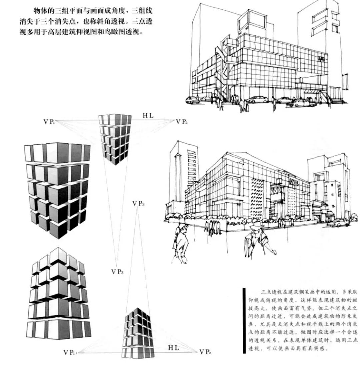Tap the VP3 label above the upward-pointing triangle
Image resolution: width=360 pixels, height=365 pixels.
pos(138,203)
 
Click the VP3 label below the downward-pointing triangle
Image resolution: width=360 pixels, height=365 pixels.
pos(117,272)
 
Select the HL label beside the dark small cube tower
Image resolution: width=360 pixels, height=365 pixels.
pos(173,348)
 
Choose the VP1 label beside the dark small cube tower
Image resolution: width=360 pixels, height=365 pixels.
pos(70,352)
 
